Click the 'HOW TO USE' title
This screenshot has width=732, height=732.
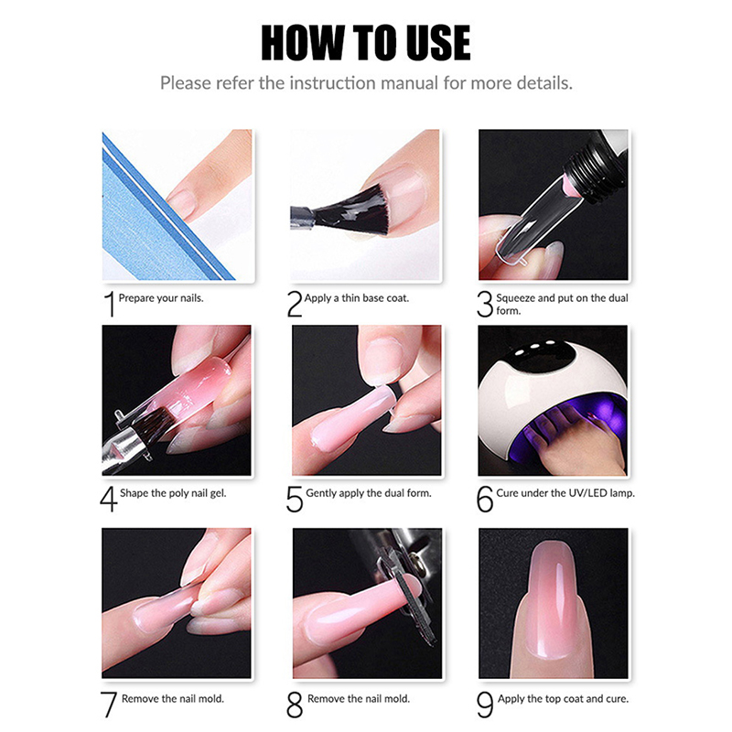coord(365,42)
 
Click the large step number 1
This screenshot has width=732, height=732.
coord(109,304)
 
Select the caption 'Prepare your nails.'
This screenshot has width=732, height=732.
coord(161,298)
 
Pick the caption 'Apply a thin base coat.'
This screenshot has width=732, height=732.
coord(357,298)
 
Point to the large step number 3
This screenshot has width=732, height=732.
coord(485,304)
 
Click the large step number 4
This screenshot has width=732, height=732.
coord(108,499)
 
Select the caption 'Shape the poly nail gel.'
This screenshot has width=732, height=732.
coord(173,493)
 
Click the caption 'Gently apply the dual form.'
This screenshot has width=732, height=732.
coord(369,493)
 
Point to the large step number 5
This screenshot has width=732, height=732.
coord(295,499)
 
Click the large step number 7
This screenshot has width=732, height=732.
coord(109,705)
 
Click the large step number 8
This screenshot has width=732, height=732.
coord(295,705)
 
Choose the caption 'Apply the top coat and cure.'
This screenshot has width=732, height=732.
coord(563,699)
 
